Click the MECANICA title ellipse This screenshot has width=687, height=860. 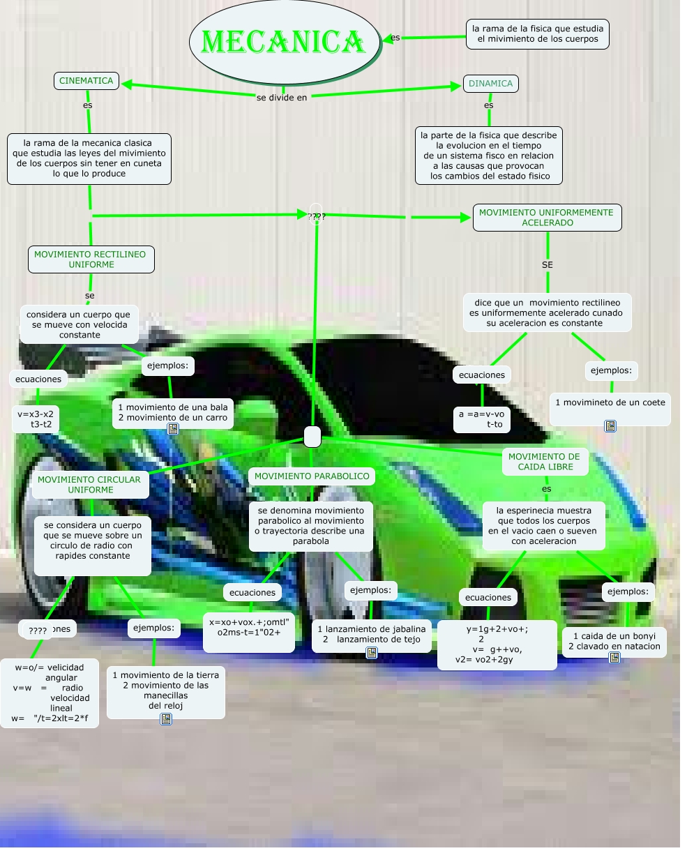[283, 42]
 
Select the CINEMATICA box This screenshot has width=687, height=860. [86, 81]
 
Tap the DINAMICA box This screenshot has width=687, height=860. [491, 84]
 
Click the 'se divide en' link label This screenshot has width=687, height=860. [282, 98]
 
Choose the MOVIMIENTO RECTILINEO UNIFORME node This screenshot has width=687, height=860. [91, 259]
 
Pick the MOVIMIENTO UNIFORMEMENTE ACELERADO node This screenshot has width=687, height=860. [547, 218]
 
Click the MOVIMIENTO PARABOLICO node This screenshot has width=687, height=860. [312, 476]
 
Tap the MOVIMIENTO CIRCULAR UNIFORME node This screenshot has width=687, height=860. [89, 485]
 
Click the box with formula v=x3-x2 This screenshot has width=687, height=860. [36, 418]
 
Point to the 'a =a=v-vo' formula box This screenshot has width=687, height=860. [481, 418]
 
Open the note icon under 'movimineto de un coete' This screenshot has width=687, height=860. [610, 425]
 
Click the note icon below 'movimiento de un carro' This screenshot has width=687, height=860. [173, 429]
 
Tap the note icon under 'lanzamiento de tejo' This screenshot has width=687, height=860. [372, 653]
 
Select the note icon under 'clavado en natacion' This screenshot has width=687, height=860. [614, 657]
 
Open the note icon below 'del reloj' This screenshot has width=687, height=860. [166, 718]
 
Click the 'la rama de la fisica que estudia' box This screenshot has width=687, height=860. [537, 34]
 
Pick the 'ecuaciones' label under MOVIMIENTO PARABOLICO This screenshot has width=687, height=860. [252, 593]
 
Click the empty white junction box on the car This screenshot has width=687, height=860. [312, 437]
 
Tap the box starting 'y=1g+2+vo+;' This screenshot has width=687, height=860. [497, 644]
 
